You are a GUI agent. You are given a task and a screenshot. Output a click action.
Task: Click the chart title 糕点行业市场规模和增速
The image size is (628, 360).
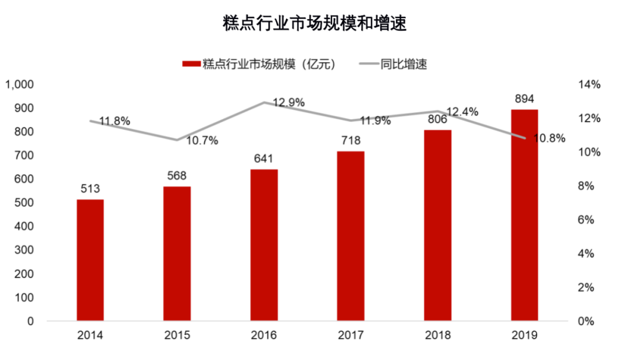(314, 24)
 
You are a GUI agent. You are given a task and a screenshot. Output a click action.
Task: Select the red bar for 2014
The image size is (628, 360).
(90, 260)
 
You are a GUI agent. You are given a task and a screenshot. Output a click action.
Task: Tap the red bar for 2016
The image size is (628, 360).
(264, 245)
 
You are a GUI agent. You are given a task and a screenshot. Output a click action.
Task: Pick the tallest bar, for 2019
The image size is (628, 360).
(524, 215)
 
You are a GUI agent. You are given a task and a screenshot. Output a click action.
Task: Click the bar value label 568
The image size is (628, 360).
(177, 176)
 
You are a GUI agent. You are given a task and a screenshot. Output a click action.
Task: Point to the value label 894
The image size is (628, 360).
(524, 98)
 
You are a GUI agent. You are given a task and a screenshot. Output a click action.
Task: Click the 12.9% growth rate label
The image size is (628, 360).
(289, 103)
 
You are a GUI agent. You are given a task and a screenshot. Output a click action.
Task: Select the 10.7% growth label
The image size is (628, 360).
(202, 140)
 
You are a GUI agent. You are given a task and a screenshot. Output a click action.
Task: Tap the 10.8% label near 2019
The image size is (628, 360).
(549, 138)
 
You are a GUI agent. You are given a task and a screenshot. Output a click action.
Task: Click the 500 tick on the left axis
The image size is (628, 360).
(25, 203)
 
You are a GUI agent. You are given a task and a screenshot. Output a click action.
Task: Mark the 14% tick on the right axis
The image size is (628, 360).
(588, 85)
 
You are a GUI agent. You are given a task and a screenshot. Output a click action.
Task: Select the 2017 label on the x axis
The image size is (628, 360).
(351, 336)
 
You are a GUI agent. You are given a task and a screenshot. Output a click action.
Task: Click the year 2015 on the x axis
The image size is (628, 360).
(177, 336)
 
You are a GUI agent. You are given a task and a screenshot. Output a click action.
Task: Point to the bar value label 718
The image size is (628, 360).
(351, 140)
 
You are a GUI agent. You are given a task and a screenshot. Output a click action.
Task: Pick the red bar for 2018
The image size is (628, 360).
(437, 225)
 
